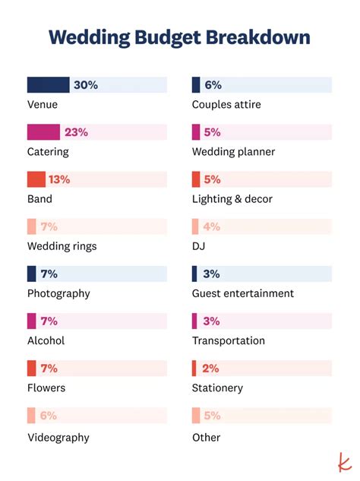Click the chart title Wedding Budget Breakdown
point(179,37)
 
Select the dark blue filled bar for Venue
point(48,85)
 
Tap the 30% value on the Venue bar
point(86,85)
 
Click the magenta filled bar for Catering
point(43,132)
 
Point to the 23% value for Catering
point(76,132)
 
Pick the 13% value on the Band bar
point(59,179)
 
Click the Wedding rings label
point(62,246)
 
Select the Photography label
point(58,293)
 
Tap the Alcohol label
point(46,340)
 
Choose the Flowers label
point(46,388)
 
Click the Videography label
point(58,438)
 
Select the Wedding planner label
point(233,152)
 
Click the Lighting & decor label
point(232,199)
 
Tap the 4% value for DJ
point(211,226)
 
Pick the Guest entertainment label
point(242,293)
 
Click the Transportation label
point(229,340)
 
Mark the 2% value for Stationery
point(210,368)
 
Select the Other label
point(206,438)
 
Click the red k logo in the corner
point(343,462)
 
